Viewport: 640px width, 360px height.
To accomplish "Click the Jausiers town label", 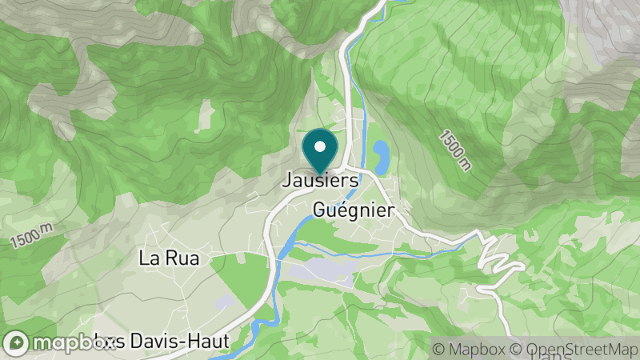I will [319, 182].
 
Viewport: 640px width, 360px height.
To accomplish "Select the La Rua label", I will [168, 258].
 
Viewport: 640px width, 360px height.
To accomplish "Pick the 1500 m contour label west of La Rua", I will [31, 235].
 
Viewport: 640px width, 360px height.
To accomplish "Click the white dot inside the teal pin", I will [320, 146].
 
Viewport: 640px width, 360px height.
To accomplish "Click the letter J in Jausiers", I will [286, 182].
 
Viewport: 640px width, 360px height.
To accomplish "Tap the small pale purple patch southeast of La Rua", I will [225, 301].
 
